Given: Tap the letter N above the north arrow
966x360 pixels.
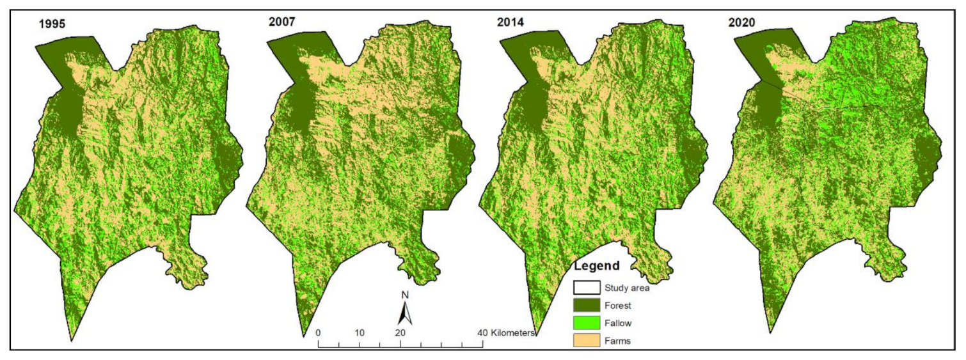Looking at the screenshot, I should click(405, 295).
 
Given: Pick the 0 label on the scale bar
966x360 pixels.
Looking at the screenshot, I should click(319, 333).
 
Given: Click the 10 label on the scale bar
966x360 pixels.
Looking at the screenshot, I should click(360, 333).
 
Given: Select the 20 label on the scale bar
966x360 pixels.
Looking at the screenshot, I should click(400, 333).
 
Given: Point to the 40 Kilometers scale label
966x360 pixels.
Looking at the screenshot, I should click(509, 333).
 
